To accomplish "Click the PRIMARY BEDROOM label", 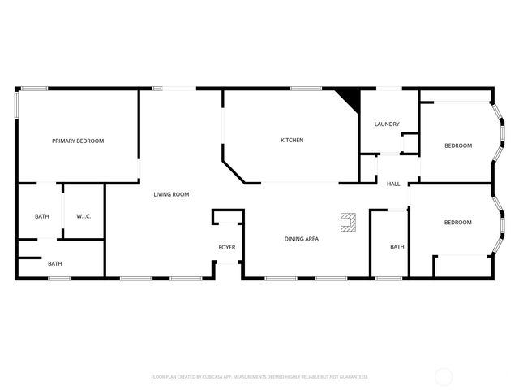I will (78, 141).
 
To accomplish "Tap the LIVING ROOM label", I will (171, 194).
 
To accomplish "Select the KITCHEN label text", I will (292, 141).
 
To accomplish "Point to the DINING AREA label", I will (301, 239).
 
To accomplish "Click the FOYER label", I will (227, 247).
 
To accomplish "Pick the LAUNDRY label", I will (387, 124).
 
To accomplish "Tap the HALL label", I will (393, 184).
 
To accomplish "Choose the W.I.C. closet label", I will (84, 216).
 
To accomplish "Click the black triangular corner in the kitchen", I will (350, 98).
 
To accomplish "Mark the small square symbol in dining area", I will (348, 221).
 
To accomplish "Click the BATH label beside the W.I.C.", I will (41, 216).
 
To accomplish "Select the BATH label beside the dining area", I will (397, 247).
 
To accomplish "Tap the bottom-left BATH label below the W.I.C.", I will (54, 263).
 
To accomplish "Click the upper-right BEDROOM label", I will (458, 145).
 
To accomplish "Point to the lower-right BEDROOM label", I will (457, 223).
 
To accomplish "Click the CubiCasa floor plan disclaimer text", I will (259, 377).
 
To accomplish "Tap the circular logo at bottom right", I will (444, 376).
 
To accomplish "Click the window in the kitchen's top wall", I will (306, 89).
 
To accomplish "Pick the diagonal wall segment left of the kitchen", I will (234, 171).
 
